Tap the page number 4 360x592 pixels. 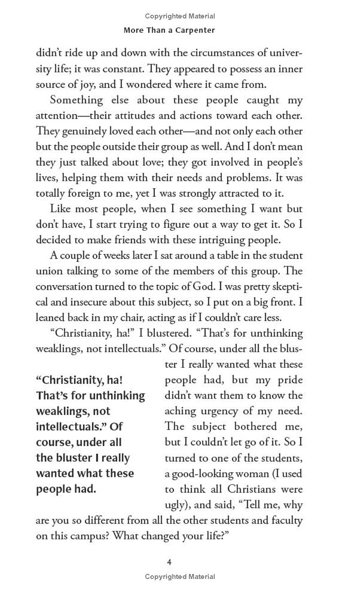(x=169, y=562)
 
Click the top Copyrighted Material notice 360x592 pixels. (x=180, y=16)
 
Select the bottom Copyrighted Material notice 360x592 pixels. (x=180, y=576)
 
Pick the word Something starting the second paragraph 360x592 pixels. (x=76, y=100)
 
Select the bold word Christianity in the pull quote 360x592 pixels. (x=72, y=380)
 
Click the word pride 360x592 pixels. (x=288, y=380)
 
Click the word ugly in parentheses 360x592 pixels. (x=175, y=505)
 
